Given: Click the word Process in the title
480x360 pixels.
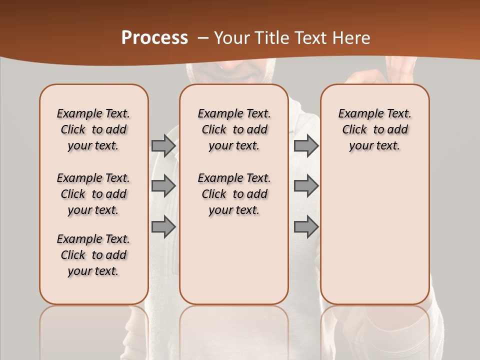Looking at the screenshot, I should [x=154, y=38].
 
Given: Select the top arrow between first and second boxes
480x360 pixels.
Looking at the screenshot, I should [x=163, y=145].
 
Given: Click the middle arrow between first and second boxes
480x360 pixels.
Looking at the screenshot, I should [x=163, y=186].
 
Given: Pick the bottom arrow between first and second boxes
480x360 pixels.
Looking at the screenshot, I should [x=163, y=226].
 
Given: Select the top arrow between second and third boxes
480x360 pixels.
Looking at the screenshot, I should [x=306, y=145].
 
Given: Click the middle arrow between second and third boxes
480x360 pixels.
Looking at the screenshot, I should [x=306, y=186].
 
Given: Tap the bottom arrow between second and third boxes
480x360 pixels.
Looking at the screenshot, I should [x=306, y=226].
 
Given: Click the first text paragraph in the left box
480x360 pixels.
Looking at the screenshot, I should [x=93, y=129].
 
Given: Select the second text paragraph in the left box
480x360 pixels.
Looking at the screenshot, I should [x=93, y=194].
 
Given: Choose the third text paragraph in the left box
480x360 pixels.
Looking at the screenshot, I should [x=93, y=255].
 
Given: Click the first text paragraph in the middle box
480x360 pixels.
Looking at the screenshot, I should [x=234, y=129].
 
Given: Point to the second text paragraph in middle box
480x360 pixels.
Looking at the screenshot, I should [x=234, y=194].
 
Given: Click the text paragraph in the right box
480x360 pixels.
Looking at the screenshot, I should [x=374, y=129].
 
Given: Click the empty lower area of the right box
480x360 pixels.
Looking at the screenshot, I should [x=374, y=235].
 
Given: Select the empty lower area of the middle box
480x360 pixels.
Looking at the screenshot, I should [x=234, y=260].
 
